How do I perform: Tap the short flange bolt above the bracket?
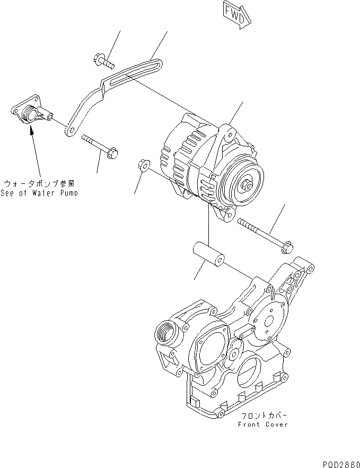(104, 61)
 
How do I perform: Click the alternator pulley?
(243, 183)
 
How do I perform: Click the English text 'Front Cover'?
(262, 424)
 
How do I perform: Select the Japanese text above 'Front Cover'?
(264, 416)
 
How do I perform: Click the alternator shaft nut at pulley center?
(248, 186)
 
